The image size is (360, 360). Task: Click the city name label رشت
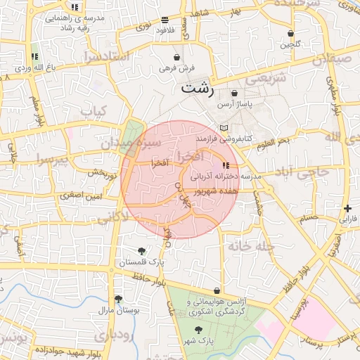(198, 88)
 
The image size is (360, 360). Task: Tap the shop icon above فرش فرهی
(176, 57)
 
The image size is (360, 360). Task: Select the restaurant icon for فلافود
(165, 20)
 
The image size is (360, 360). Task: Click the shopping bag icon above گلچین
(290, 34)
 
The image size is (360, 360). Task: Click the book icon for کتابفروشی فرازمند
(224, 128)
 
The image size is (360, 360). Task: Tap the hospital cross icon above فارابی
(348, 208)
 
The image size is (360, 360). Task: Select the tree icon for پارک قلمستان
(142, 251)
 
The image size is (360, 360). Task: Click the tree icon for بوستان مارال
(117, 299)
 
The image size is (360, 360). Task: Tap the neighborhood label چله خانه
(254, 247)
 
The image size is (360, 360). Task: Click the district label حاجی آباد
(301, 172)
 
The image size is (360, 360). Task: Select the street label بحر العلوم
(271, 143)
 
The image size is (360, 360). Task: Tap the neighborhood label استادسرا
(105, 55)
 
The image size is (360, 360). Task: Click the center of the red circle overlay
(179, 179)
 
